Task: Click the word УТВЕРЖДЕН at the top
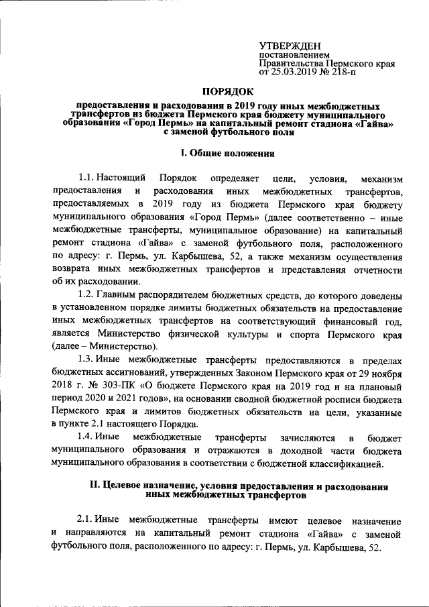tap(289, 46)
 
